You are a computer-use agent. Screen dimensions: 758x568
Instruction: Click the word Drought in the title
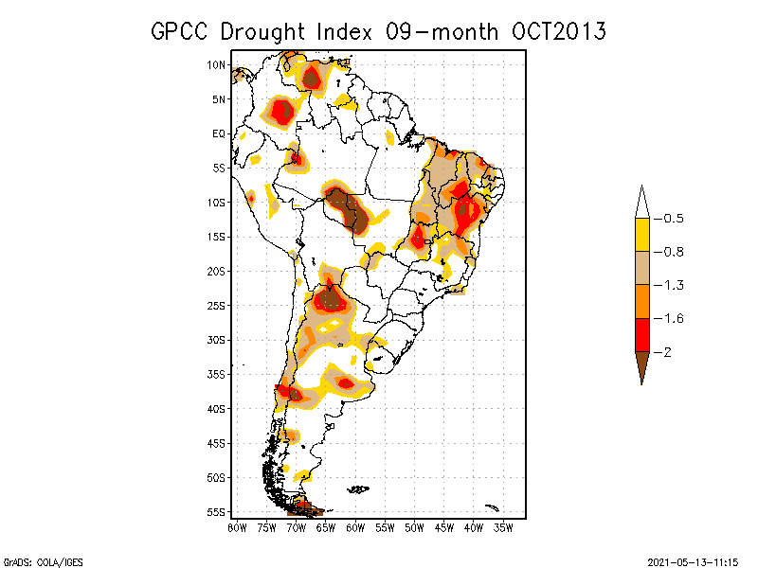262,32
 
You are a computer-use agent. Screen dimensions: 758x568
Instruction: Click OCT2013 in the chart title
558,32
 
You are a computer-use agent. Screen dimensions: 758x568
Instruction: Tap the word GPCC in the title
179,32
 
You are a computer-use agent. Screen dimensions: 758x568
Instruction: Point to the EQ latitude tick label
219,133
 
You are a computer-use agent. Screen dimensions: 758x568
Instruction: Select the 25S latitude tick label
216,306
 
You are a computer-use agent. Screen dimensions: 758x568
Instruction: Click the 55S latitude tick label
216,512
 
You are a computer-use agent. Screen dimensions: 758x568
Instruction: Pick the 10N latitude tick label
216,64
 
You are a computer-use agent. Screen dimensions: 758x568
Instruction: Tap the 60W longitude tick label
355,528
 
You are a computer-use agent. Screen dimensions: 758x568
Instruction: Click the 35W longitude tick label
503,528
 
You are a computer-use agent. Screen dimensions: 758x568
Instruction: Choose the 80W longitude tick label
237,528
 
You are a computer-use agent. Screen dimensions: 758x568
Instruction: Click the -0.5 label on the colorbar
669,219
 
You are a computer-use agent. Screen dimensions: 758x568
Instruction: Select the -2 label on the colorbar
662,352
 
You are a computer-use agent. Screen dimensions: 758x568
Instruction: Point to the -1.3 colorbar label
669,286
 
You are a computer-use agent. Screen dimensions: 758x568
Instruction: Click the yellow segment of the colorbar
642,235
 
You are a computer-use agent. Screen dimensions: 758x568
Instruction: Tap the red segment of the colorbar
642,335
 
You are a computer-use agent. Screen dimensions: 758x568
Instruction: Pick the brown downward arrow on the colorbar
642,366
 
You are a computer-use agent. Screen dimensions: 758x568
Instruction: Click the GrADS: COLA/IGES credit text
43,562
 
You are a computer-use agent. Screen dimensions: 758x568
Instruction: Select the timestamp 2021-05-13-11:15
693,562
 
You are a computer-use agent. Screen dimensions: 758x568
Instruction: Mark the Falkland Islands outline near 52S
358,489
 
